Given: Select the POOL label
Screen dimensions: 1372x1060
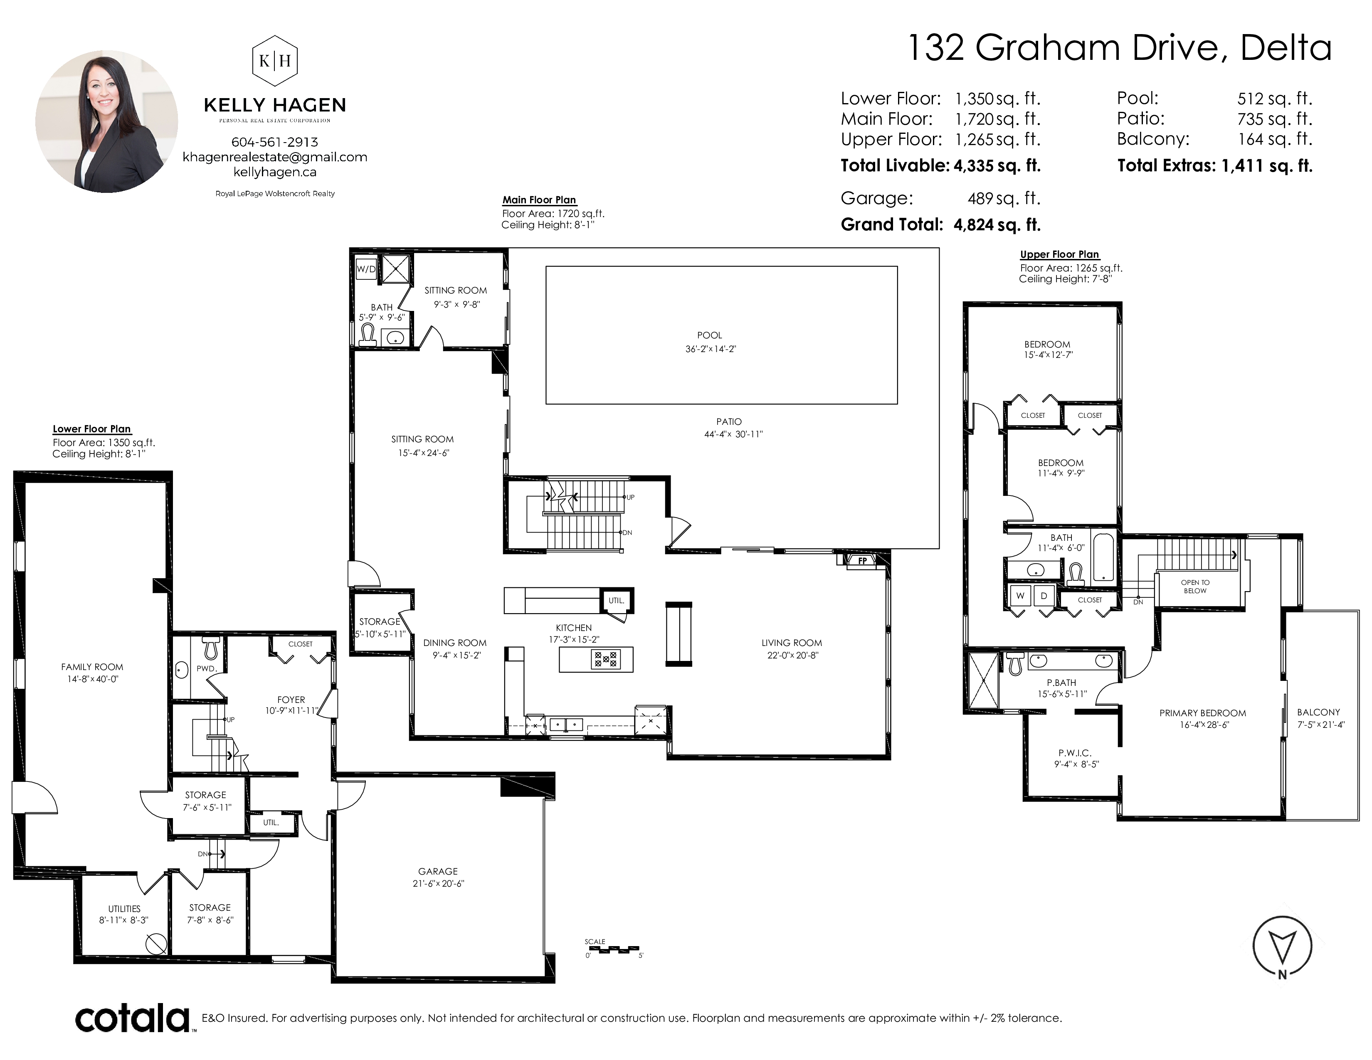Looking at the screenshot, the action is pos(710,335).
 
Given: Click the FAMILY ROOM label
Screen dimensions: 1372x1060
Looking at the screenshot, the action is pos(92,667).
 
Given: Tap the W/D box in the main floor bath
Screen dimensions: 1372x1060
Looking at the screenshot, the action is pos(366,269).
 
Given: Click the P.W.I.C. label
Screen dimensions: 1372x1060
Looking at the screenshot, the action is pos(1075,753).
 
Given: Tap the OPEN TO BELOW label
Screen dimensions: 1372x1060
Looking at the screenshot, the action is pos(1195,587).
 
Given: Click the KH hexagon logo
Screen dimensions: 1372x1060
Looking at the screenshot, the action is pos(274,60).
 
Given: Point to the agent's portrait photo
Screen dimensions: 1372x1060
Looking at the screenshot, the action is pos(106,122).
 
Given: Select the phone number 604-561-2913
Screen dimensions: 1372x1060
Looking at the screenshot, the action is pos(274,142).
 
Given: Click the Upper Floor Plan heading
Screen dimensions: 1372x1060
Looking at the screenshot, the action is pos(1059,254).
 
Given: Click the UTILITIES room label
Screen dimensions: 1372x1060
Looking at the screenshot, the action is pos(124,909).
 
